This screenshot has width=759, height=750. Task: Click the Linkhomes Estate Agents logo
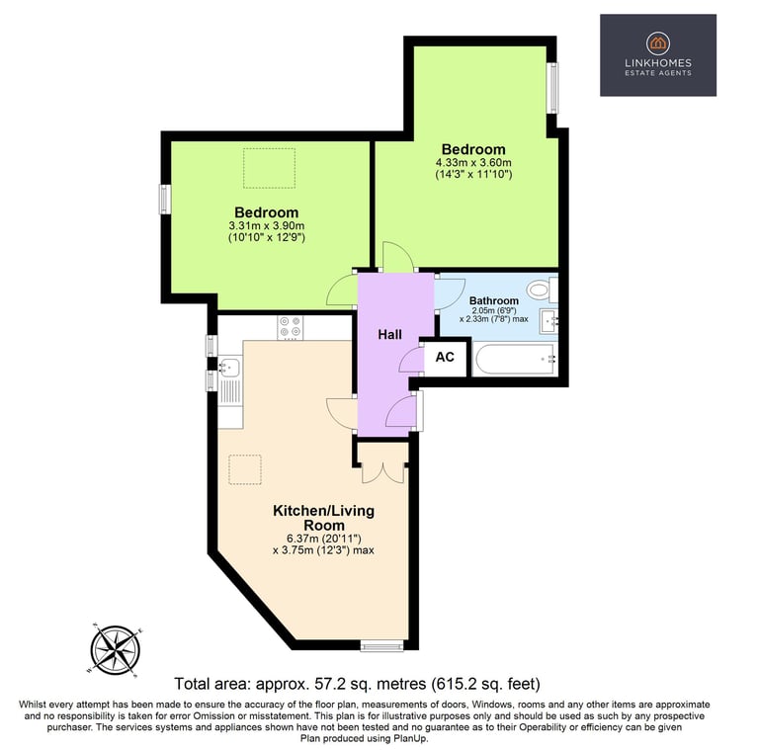(x=658, y=54)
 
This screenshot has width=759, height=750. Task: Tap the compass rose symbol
(x=116, y=650)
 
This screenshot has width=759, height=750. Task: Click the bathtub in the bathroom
(x=515, y=360)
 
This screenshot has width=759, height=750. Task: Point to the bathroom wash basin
(x=548, y=320)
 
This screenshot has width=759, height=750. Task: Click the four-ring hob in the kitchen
(x=290, y=327)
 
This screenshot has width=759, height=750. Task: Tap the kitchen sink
(x=230, y=367)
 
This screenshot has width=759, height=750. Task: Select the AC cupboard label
(x=445, y=357)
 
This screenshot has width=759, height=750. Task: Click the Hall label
(x=389, y=334)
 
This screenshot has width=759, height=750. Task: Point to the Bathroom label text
(x=494, y=300)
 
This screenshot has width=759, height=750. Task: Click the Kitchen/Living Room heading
(x=324, y=518)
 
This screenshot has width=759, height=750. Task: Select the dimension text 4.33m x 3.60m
(x=473, y=163)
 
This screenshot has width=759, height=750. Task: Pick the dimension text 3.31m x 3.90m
(x=266, y=225)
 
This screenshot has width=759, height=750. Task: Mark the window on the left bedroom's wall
(x=166, y=200)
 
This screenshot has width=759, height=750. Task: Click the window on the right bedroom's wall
(x=552, y=88)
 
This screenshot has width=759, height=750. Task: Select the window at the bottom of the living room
(x=381, y=645)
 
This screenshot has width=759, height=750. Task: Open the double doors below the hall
(x=382, y=471)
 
